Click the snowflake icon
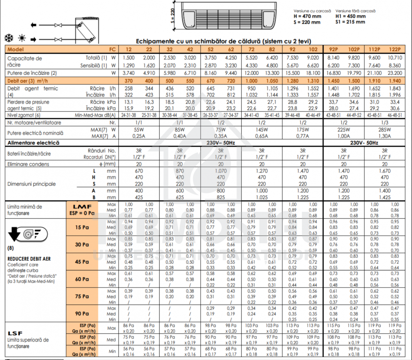pos(9,38)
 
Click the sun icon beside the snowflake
pos(22,38)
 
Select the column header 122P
pos(395,49)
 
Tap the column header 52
pos(210,49)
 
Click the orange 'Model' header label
pos(16,49)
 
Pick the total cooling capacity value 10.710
pos(395,58)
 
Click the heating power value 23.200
pos(395,73)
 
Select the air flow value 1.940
pos(395,81)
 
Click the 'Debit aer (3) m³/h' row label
pos(27,81)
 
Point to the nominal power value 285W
pos(385,130)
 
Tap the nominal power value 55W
pos(139,130)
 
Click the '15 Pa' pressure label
pos(82,227)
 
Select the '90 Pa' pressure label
pos(82,313)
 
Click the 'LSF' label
pos(15,333)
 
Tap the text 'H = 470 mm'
pos(307,16)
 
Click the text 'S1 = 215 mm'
pos(350,22)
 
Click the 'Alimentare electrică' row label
pos(33,143)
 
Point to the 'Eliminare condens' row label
pos(28,164)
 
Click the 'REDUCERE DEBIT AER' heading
pos(29,259)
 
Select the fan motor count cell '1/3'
pos(385,123)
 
